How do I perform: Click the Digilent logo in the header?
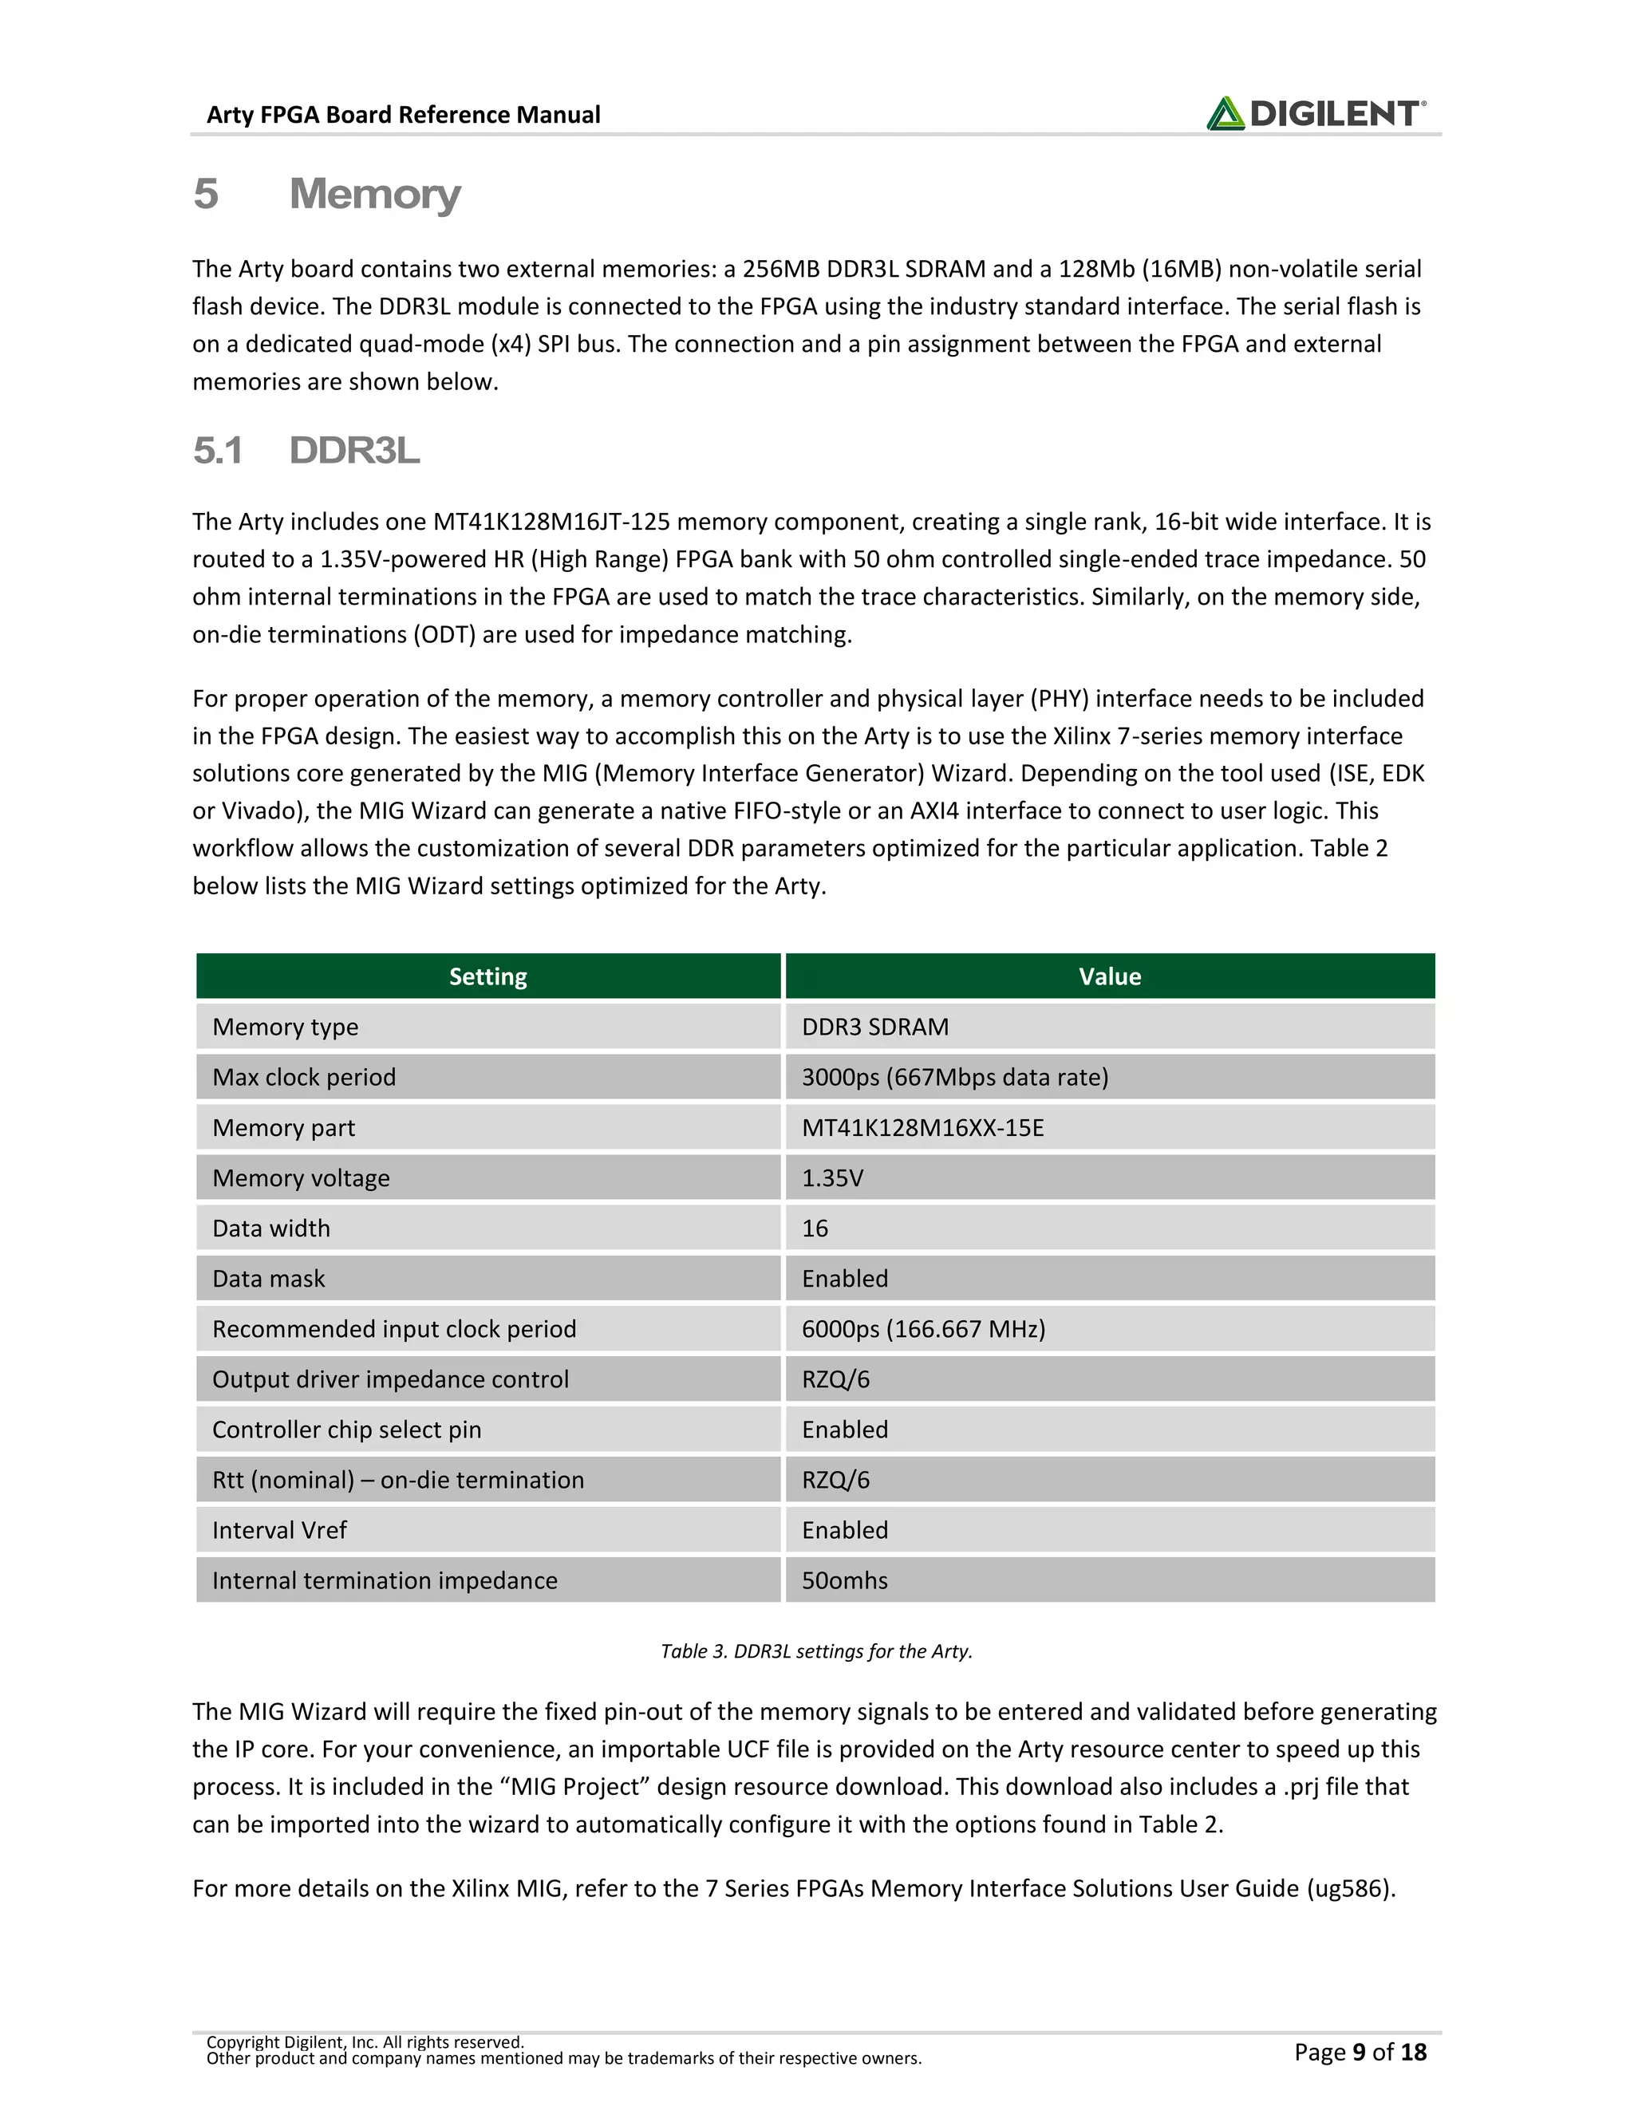(x=1315, y=113)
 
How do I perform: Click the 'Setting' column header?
(x=487, y=976)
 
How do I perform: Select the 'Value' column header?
(x=1109, y=976)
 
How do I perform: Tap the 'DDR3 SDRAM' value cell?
(x=875, y=1027)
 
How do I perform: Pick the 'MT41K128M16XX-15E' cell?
(x=922, y=1128)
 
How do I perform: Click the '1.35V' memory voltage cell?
(x=832, y=1178)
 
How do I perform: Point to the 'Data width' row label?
(x=271, y=1229)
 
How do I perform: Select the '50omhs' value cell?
(x=844, y=1580)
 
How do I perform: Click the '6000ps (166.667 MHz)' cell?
(x=923, y=1329)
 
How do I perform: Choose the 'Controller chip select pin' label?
(x=346, y=1430)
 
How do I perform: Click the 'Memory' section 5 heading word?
(x=375, y=194)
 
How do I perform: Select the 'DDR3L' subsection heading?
(x=354, y=451)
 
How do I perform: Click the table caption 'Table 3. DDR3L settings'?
(x=816, y=1651)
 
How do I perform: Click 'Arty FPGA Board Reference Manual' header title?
(x=403, y=115)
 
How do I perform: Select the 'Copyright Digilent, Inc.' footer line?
(x=365, y=2041)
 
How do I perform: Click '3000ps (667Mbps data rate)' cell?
(x=954, y=1077)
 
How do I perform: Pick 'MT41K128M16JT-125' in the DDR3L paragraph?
(x=551, y=522)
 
